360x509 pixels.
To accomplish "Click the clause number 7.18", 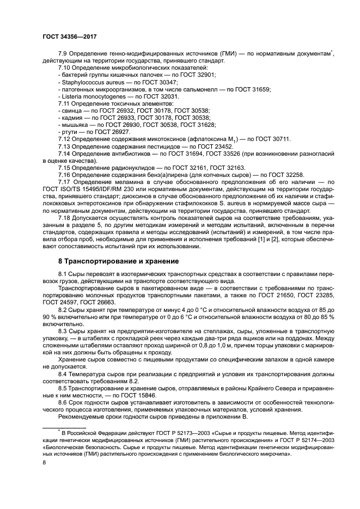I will tap(66, 218).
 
